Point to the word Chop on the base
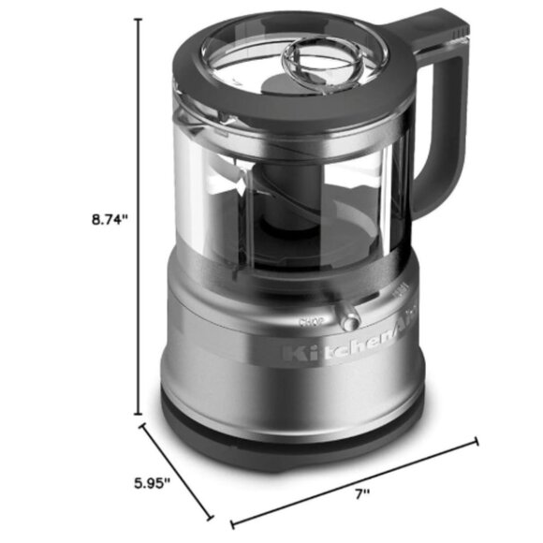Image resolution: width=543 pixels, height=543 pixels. tap(310, 321)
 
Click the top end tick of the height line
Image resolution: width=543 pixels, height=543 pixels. tap(141, 19)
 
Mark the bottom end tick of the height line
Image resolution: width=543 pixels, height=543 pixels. tap(141, 415)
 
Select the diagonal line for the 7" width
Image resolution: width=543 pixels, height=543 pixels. tap(356, 482)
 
